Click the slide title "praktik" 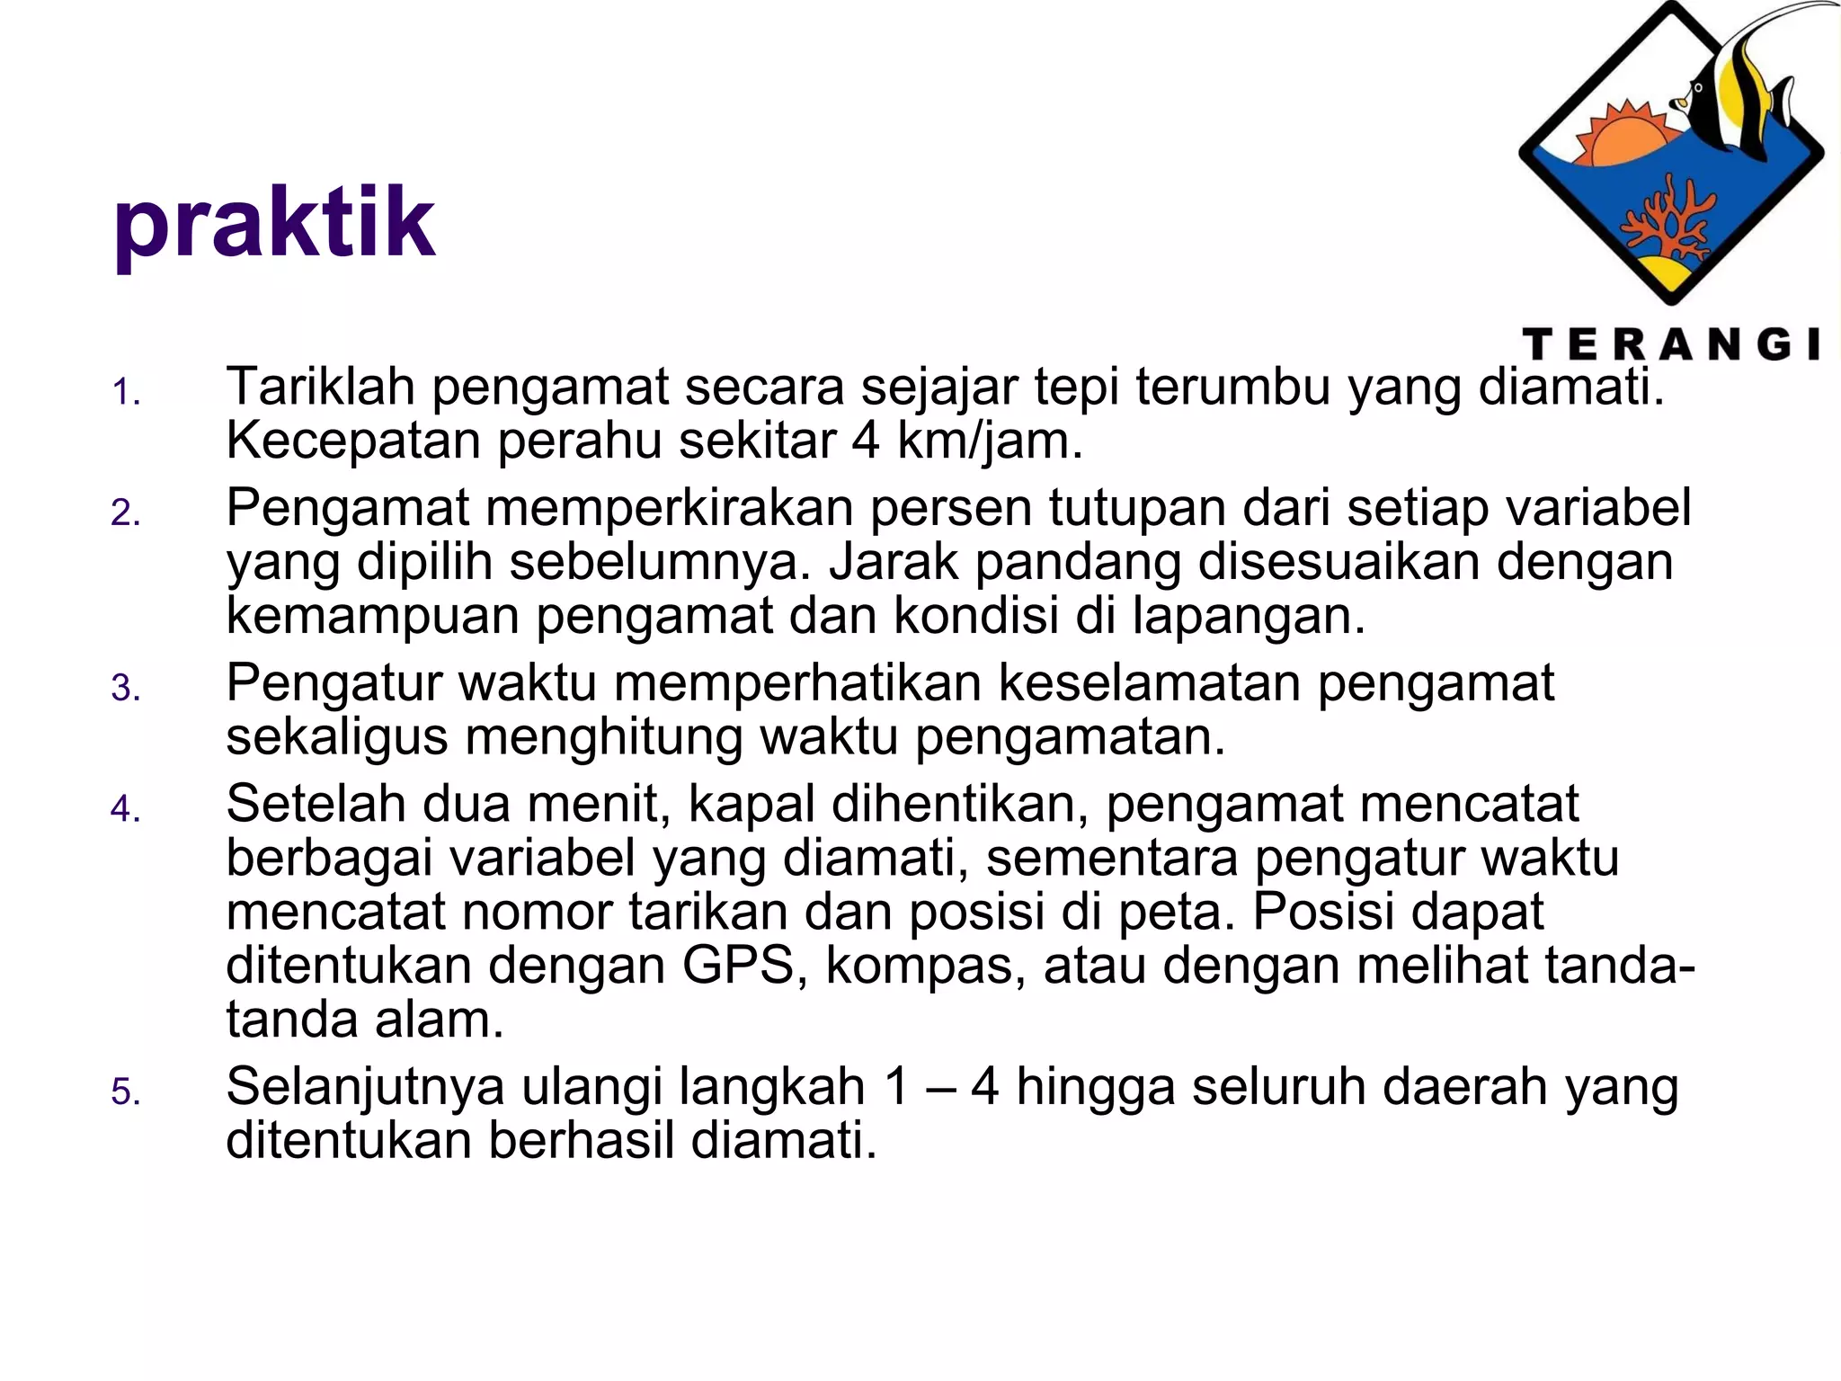(x=274, y=223)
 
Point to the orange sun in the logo (x=1627, y=139)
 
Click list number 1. (x=126, y=393)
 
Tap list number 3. (x=126, y=689)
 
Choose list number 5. (x=126, y=1092)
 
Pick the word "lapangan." (x=1249, y=616)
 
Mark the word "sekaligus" (x=337, y=737)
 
